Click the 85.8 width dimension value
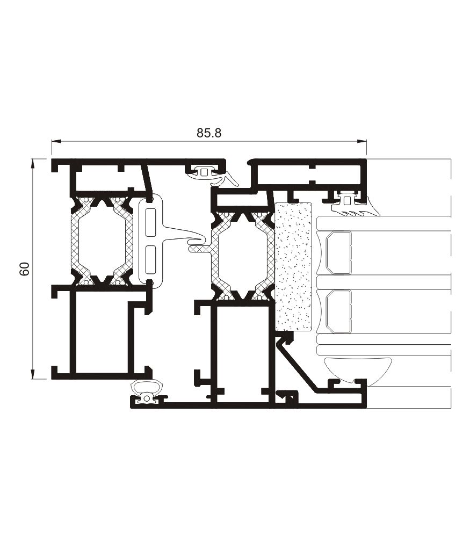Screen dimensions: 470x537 [x=209, y=133]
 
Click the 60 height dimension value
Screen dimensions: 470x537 [x=24, y=269]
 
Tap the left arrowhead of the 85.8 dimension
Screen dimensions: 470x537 [x=56, y=141]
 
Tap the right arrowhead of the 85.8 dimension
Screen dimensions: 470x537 [x=361, y=141]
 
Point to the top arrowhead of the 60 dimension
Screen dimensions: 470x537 [x=33, y=163]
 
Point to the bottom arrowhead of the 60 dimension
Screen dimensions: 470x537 [x=33, y=374]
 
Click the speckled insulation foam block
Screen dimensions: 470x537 [x=293, y=266]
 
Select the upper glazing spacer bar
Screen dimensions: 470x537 [x=338, y=253]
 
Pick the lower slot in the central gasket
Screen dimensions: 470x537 [x=150, y=259]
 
